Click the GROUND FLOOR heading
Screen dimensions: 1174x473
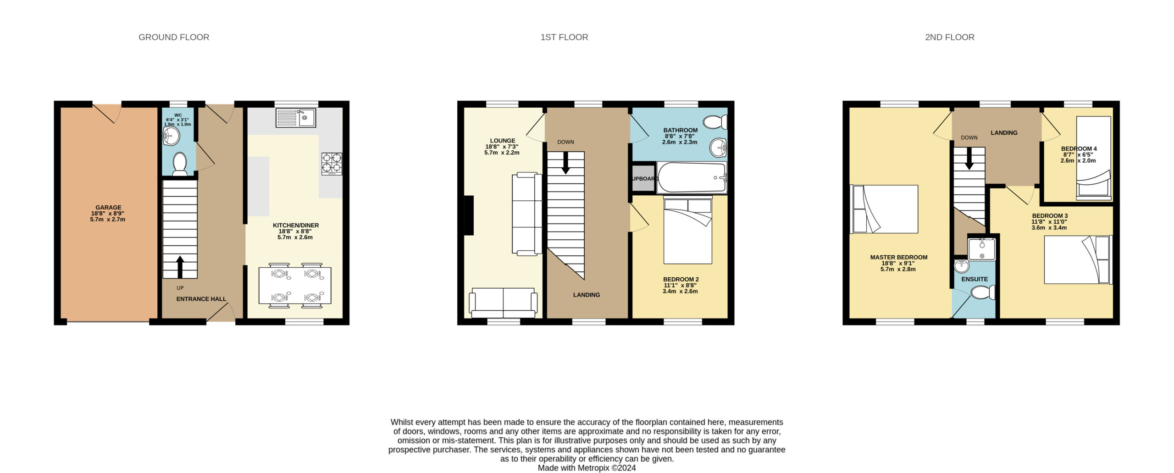click(x=174, y=37)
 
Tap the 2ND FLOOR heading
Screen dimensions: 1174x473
click(x=949, y=37)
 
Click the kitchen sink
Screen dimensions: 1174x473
click(x=295, y=118)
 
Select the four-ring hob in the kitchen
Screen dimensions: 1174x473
click(x=332, y=164)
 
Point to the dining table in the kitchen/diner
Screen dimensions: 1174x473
click(x=295, y=286)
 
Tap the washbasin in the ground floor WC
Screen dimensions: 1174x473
click(x=171, y=136)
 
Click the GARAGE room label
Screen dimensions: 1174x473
click(x=108, y=208)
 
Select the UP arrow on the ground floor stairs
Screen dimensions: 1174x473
click(x=180, y=267)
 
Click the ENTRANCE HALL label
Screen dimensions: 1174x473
click(x=201, y=299)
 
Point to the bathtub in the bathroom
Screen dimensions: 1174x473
click(x=692, y=177)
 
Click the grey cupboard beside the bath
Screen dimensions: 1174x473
click(x=643, y=178)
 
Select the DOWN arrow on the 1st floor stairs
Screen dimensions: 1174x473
click(x=566, y=162)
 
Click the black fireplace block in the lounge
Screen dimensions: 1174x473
click(x=469, y=215)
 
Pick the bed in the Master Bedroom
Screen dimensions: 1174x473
click(x=884, y=209)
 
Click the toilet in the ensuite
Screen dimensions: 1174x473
click(x=983, y=292)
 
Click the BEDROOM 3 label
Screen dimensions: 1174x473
click(x=1050, y=216)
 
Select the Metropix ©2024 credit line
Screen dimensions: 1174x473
click(x=587, y=468)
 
